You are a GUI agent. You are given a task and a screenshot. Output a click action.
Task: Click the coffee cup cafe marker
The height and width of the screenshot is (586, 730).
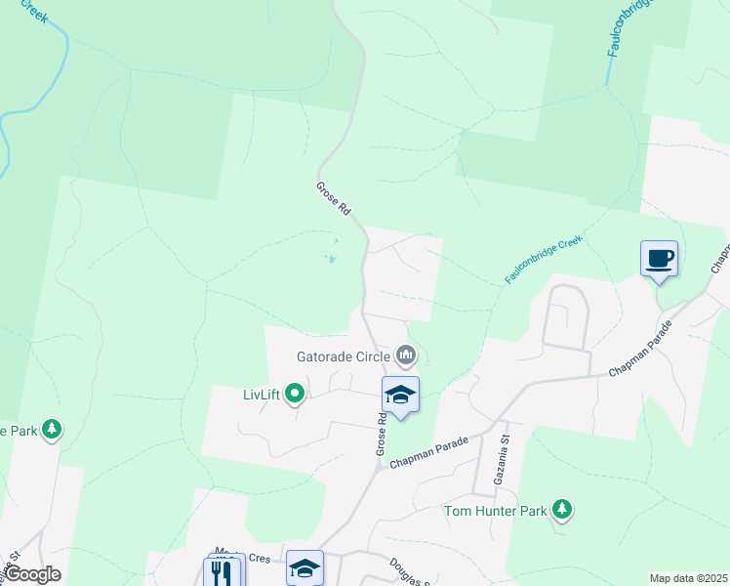pos(659,259)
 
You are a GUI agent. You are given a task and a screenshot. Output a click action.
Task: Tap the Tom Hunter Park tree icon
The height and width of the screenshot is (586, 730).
pos(561,509)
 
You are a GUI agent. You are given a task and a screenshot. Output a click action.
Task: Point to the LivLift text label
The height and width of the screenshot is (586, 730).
pos(261,395)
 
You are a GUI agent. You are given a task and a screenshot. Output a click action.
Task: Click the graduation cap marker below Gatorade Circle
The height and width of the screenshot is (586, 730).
pos(400,396)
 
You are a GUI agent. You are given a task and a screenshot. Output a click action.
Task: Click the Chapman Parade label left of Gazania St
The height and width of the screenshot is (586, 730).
pos(429,452)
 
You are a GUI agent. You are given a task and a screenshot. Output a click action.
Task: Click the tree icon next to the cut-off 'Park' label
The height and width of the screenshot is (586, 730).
pos(52,430)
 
